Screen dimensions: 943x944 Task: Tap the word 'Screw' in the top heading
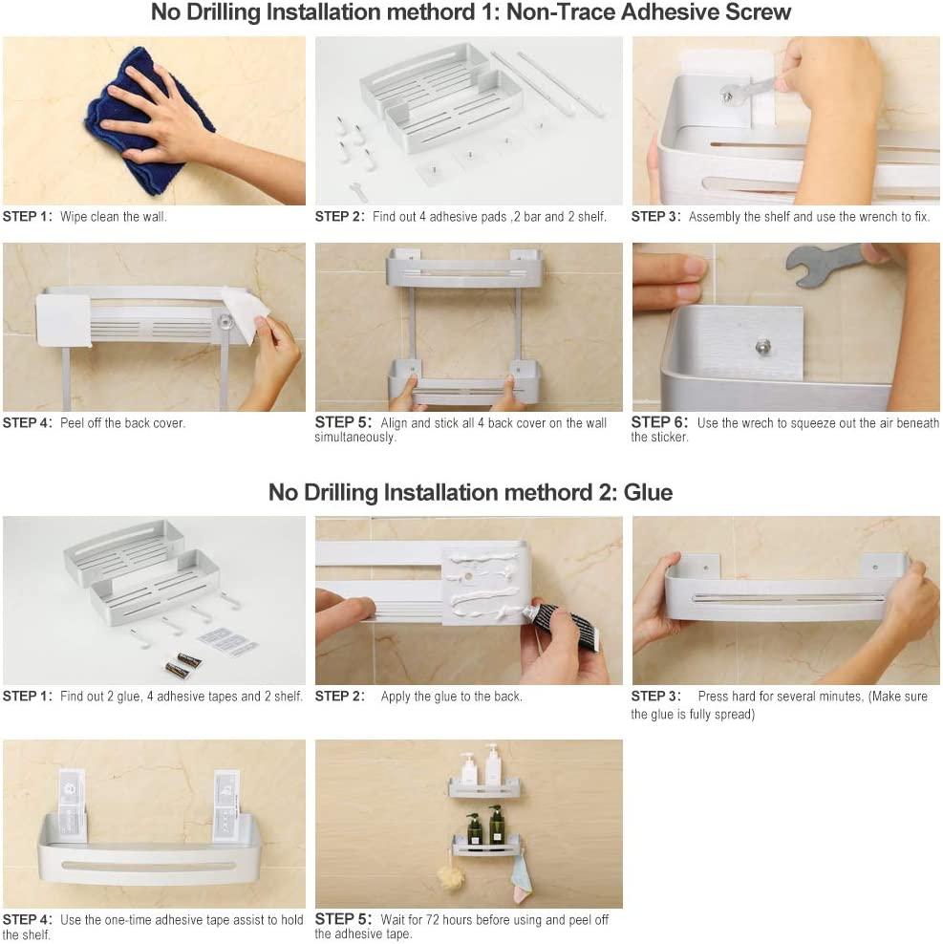point(758,12)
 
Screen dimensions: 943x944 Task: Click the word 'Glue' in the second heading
point(648,492)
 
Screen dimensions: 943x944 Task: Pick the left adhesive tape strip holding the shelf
point(73,805)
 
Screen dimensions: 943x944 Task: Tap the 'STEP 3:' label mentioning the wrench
point(655,217)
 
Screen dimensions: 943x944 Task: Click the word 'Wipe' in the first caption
point(73,217)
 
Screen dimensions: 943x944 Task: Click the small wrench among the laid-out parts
point(358,191)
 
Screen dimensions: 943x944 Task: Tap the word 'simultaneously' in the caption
point(355,438)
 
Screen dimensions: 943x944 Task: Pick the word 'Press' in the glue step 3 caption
point(711,697)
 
